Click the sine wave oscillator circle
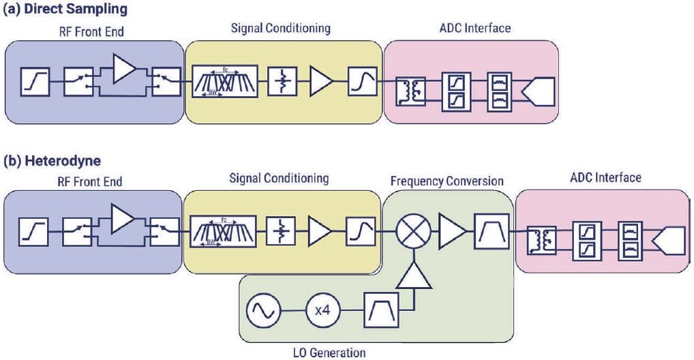[x=262, y=310]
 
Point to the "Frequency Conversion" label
[x=447, y=181]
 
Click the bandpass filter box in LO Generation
[x=380, y=310]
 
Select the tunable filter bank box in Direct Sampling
[x=225, y=83]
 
